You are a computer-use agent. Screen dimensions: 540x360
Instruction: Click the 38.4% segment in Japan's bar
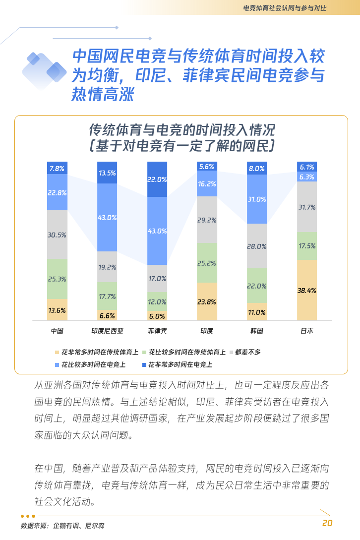[306, 291]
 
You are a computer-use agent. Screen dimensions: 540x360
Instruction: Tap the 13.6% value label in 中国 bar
[57, 310]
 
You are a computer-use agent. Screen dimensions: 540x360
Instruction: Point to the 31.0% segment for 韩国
[257, 199]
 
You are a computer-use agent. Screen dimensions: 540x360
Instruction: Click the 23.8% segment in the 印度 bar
[207, 301]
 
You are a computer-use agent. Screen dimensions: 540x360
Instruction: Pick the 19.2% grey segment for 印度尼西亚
[107, 267]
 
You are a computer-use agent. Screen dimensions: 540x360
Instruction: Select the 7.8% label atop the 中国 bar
[57, 169]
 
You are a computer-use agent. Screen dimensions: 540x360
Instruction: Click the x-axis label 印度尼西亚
[107, 331]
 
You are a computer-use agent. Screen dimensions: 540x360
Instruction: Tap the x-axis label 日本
[306, 331]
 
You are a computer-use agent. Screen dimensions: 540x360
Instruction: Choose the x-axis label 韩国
[257, 331]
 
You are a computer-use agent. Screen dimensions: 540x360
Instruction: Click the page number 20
[327, 523]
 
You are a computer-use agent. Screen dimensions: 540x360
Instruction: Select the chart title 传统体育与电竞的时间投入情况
[181, 130]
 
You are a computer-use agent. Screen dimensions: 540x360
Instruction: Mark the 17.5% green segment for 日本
[306, 246]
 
